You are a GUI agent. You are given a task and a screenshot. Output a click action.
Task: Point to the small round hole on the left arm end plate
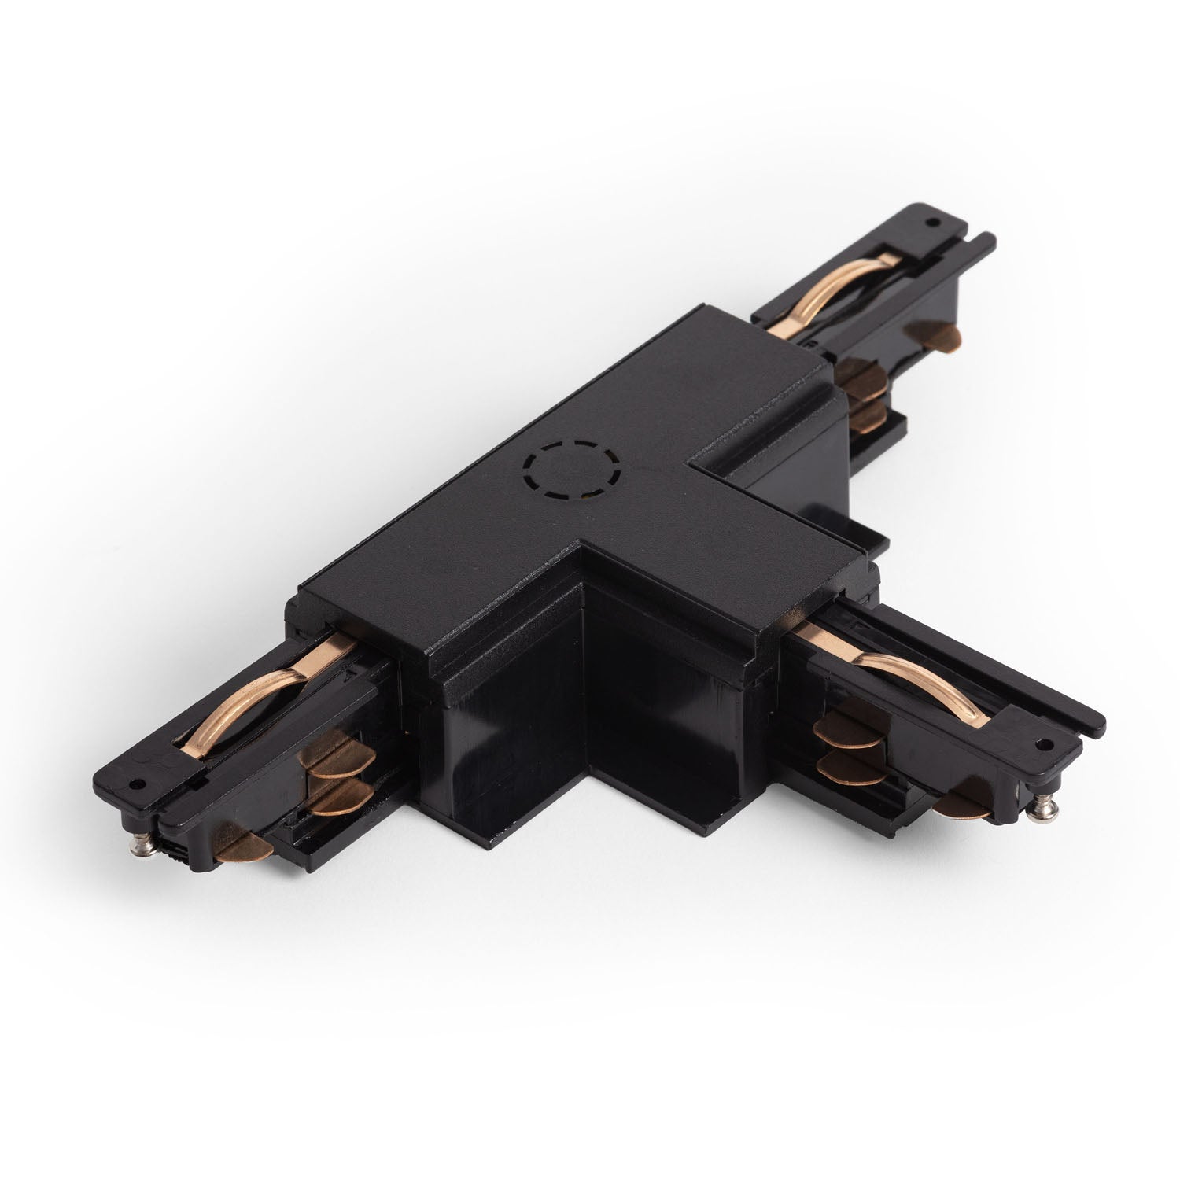tap(138, 785)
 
